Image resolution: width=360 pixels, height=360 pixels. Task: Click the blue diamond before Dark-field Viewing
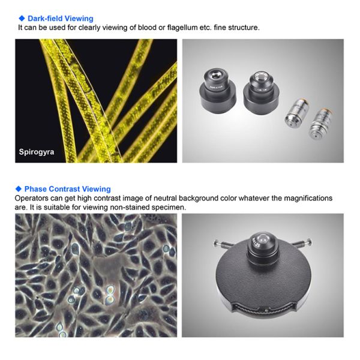pos(22,18)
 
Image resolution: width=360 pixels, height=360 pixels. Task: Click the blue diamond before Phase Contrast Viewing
pos(19,189)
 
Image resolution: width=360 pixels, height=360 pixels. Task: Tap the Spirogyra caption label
pos(37,152)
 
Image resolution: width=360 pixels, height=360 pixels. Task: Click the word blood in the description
pos(147,28)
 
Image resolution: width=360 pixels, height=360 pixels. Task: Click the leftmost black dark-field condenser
pos(217,91)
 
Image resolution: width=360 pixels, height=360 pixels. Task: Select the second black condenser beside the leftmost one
pos(261,93)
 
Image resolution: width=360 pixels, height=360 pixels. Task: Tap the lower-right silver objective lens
pos(321,124)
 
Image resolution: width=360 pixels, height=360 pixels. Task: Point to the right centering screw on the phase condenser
pos(302,243)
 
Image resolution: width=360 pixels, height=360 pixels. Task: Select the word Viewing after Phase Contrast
pos(97,189)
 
